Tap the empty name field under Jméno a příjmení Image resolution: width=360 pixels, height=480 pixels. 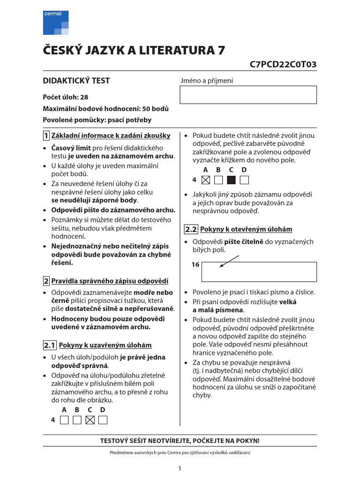pos(248,95)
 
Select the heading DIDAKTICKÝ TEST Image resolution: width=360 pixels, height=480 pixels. pos(76,81)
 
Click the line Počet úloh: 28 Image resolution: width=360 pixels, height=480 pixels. pos(66,97)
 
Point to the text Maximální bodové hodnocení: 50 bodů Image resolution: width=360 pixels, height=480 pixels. pos(106,109)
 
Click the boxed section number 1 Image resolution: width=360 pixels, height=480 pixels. pos(46,136)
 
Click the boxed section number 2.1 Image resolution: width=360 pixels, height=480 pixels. pos(49,345)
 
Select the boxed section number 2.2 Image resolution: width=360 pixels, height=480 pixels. pos(191,229)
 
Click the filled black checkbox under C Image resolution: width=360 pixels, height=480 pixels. pos(231,180)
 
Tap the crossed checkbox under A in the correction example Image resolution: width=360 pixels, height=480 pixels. pos(205,180)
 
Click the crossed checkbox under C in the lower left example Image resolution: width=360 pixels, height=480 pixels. pos(90,420)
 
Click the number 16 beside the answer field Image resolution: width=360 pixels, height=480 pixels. pos(195,265)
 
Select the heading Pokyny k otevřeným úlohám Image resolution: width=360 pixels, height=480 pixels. pos(246,229)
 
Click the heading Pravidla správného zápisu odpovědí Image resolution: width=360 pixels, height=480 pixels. pos(109,281)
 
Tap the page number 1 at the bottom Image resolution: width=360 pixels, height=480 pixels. pos(180,468)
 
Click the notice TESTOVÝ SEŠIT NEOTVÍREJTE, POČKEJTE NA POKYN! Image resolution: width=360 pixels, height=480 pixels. pos(180,441)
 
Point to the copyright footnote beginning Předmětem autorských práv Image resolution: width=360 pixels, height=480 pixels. pos(180,452)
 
